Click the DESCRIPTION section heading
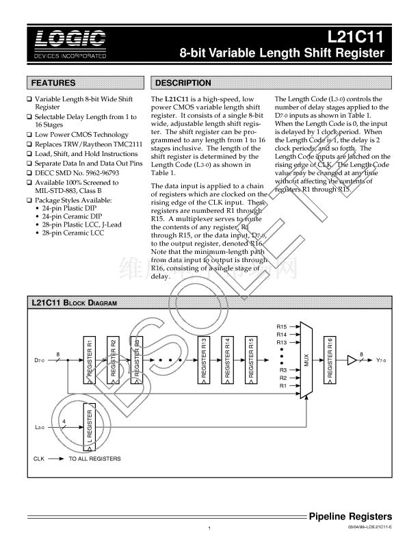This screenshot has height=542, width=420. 184,83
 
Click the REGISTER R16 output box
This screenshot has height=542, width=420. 331,360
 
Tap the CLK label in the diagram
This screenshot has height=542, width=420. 40,458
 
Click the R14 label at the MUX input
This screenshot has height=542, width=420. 281,334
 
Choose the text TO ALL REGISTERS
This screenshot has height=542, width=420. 94,458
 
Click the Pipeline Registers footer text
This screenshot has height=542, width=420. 350,516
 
